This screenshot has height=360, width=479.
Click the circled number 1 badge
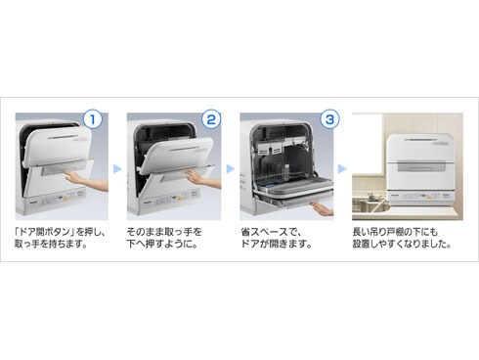(92, 119)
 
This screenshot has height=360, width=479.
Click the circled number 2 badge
(211, 119)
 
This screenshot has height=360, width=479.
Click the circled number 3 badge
(329, 119)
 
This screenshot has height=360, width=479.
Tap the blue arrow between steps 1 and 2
(117, 169)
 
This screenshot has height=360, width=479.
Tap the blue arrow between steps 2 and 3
(230, 169)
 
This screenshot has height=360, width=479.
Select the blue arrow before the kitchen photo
(342, 169)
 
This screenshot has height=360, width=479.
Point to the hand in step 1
(86, 181)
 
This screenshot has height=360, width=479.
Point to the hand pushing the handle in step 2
(203, 179)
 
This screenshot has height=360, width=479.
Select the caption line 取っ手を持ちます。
(51, 244)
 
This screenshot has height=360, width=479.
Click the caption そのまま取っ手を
(164, 232)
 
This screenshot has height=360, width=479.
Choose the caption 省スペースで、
(271, 232)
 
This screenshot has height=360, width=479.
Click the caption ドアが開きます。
(277, 244)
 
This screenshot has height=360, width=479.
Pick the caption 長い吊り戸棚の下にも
(395, 232)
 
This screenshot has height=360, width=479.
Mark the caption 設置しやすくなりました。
(402, 244)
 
